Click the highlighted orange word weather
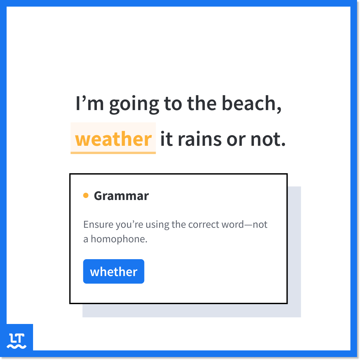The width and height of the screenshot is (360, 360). point(113,139)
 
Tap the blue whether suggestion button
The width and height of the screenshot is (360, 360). point(114,271)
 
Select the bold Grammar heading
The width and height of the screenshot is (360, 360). point(121,196)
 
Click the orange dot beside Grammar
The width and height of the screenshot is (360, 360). point(86,195)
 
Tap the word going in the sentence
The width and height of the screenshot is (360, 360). point(134,104)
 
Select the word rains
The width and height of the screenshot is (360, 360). point(200,139)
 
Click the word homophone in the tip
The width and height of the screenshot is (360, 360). point(119,239)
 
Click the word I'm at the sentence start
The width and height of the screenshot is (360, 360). point(90,103)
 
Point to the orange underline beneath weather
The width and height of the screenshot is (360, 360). point(113,153)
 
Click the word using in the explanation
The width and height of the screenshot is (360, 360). point(157,225)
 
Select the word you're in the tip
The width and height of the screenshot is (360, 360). point(130,225)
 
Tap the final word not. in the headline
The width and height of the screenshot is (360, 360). point(268,139)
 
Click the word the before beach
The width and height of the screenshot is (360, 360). point(202,103)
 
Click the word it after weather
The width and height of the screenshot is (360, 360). point(167,139)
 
